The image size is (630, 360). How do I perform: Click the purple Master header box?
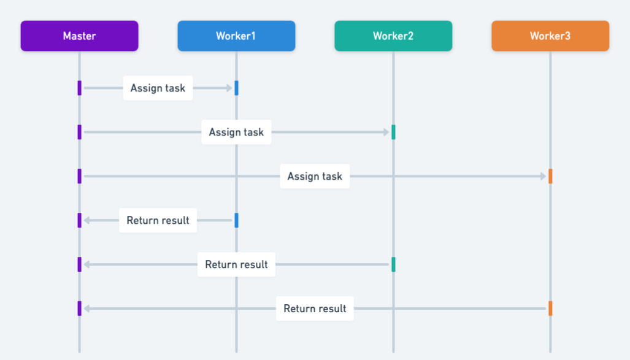(79, 36)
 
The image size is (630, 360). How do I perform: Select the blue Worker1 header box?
(236, 36)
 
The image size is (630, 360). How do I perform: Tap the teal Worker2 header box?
(393, 36)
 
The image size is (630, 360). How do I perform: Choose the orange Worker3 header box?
(550, 36)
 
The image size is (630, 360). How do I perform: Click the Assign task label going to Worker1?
(158, 88)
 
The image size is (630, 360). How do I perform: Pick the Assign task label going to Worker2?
(236, 132)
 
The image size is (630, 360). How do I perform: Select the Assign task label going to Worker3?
(315, 176)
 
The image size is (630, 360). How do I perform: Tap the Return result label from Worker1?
(158, 220)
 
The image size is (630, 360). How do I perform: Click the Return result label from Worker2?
(236, 264)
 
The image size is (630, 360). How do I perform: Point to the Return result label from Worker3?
(315, 308)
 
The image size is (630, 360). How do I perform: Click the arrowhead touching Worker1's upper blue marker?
(230, 88)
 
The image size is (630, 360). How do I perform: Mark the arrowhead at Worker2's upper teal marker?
(387, 132)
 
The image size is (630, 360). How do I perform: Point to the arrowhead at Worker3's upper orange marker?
(544, 176)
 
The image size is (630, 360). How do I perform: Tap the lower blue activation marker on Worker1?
(236, 220)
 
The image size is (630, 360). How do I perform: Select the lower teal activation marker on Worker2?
(393, 264)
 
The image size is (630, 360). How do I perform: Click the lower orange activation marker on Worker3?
(550, 308)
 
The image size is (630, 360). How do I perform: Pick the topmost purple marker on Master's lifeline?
(79, 88)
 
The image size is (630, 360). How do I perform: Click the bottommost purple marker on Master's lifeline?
(79, 308)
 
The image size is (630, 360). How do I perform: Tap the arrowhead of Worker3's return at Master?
(86, 308)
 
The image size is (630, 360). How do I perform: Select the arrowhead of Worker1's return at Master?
(86, 220)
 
